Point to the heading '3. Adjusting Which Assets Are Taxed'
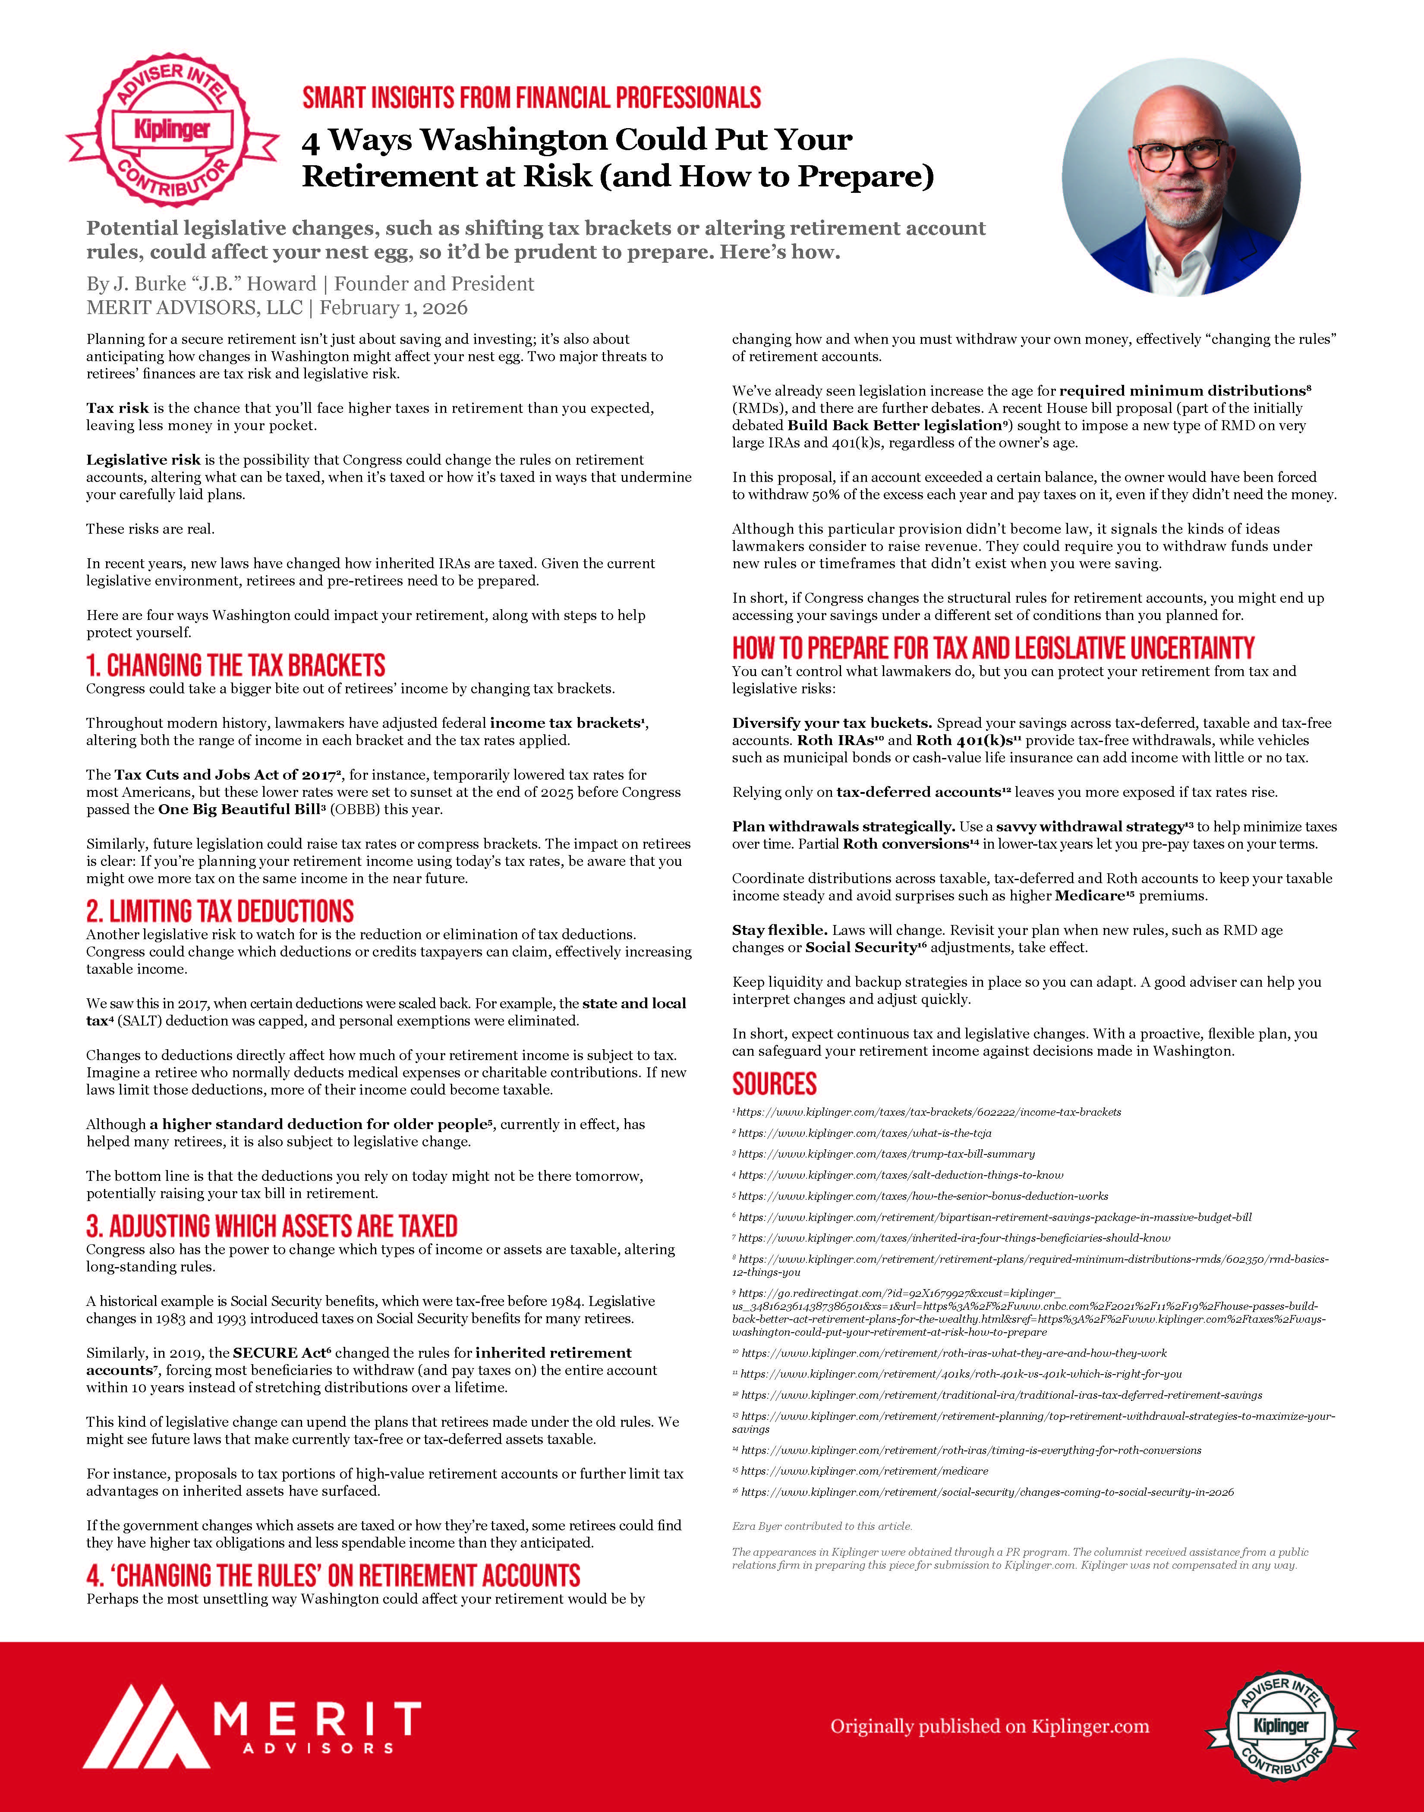point(272,1226)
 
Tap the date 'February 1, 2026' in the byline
point(394,308)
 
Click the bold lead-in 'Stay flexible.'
point(779,930)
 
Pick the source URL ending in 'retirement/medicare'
point(865,1471)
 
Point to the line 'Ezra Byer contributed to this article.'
point(822,1526)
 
